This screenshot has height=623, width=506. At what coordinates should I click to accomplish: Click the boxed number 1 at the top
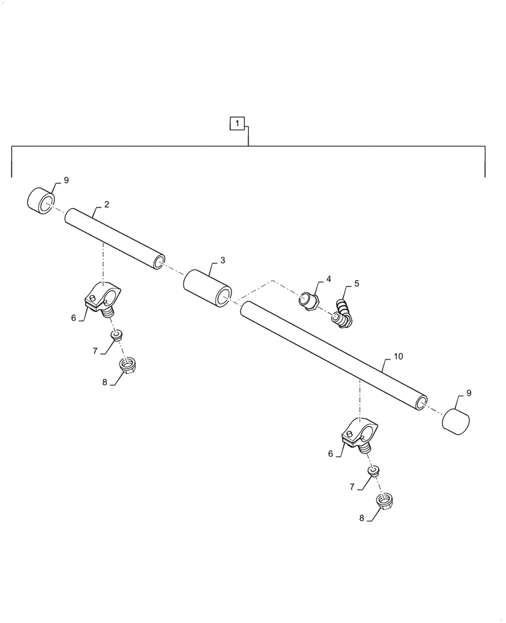pyautogui.click(x=240, y=123)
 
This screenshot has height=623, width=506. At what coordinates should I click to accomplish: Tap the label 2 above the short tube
pyautogui.click(x=107, y=204)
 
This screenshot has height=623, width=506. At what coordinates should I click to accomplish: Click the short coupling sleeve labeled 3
pyautogui.click(x=208, y=288)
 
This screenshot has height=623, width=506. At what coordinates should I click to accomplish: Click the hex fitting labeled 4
pyautogui.click(x=308, y=301)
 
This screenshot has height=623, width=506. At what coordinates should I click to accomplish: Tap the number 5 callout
pyautogui.click(x=356, y=283)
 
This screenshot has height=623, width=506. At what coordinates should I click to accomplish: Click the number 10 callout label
pyautogui.click(x=399, y=357)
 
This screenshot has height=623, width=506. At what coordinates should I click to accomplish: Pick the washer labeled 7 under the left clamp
pyautogui.click(x=116, y=335)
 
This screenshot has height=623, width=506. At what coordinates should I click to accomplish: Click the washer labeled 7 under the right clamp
pyautogui.click(x=374, y=472)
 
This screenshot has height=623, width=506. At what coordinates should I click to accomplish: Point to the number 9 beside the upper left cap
pyautogui.click(x=66, y=180)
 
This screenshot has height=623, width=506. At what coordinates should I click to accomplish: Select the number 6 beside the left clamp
pyautogui.click(x=74, y=318)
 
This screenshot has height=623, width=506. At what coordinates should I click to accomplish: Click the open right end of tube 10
pyautogui.click(x=422, y=401)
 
